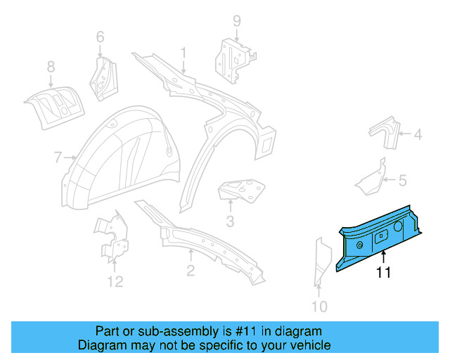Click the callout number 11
pyautogui.click(x=383, y=273)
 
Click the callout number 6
pyautogui.click(x=99, y=36)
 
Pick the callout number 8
pyautogui.click(x=51, y=67)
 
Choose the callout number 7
pyautogui.click(x=58, y=158)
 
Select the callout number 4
pyautogui.click(x=418, y=134)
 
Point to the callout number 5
pyautogui.click(x=402, y=181)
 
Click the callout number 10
pyautogui.click(x=319, y=306)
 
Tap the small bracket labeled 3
pyautogui.click(x=243, y=190)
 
